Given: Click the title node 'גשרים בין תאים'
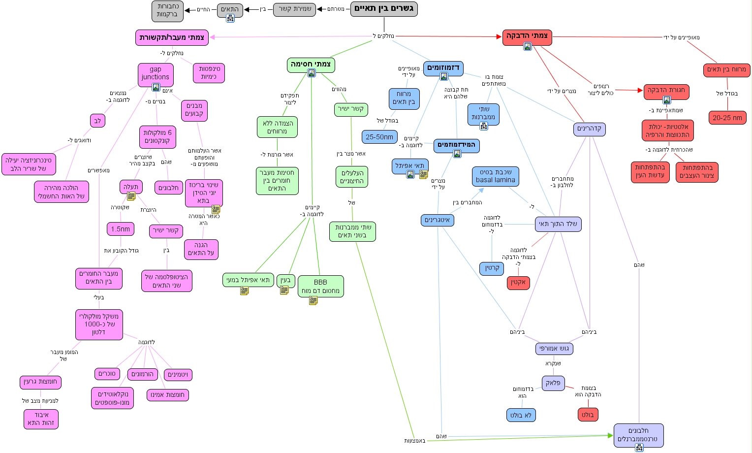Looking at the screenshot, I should click(384, 9).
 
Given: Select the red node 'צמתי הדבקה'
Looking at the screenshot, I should click(527, 35).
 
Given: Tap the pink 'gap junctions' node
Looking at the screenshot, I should click(156, 73).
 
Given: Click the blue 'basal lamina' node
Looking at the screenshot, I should click(496, 176).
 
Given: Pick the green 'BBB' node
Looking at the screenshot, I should click(320, 286).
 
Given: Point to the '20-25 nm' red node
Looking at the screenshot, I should click(727, 118).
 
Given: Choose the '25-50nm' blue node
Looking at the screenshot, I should click(379, 137).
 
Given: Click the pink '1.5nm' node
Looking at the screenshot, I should click(121, 229).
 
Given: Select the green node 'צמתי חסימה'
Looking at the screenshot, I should click(311, 64).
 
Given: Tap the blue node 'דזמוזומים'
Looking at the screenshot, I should click(443, 67).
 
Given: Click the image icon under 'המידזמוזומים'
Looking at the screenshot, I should click(457, 154).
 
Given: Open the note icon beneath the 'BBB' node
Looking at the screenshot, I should click(313, 300).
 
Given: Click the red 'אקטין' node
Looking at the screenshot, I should click(518, 283).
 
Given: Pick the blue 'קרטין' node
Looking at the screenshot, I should click(492, 268).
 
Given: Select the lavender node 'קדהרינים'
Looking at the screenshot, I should click(589, 129).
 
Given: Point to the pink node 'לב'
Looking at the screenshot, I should click(97, 121).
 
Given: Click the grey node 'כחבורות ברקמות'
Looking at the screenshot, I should click(167, 10).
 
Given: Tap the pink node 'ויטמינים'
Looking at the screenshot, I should click(178, 375).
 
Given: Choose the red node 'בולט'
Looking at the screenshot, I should click(588, 415).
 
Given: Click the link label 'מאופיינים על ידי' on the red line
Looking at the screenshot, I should click(681, 37).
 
